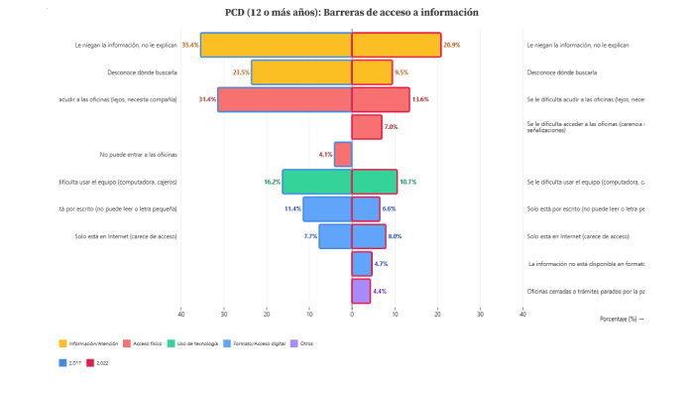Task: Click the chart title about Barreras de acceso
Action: (352, 13)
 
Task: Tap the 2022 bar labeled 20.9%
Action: (397, 45)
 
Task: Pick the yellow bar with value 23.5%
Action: (301, 72)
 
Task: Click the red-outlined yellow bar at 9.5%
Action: (372, 72)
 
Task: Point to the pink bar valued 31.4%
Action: (285, 99)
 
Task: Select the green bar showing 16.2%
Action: (317, 182)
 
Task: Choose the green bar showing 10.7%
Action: (375, 182)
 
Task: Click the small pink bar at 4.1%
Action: (343, 154)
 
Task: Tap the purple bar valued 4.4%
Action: (362, 291)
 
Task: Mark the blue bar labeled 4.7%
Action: (362, 264)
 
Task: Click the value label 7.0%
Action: (391, 127)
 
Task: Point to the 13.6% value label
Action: (420, 99)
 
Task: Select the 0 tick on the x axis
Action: (352, 315)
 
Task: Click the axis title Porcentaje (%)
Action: (622, 319)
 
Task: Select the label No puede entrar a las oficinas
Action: (139, 154)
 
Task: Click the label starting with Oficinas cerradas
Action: (585, 291)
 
